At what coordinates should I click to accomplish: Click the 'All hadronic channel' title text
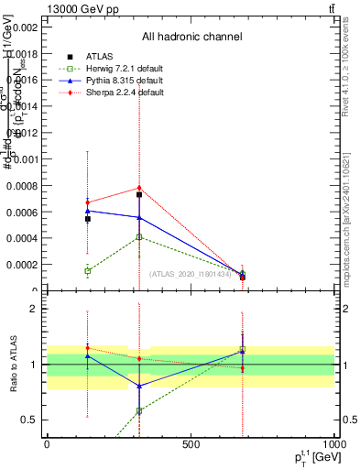(191, 38)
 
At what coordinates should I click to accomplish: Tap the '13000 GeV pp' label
(81, 8)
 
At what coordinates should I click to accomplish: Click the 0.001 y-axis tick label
(23, 159)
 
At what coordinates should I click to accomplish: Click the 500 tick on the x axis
(191, 444)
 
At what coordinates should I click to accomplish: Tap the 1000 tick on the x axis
(333, 444)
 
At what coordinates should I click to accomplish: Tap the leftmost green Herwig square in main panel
(87, 271)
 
